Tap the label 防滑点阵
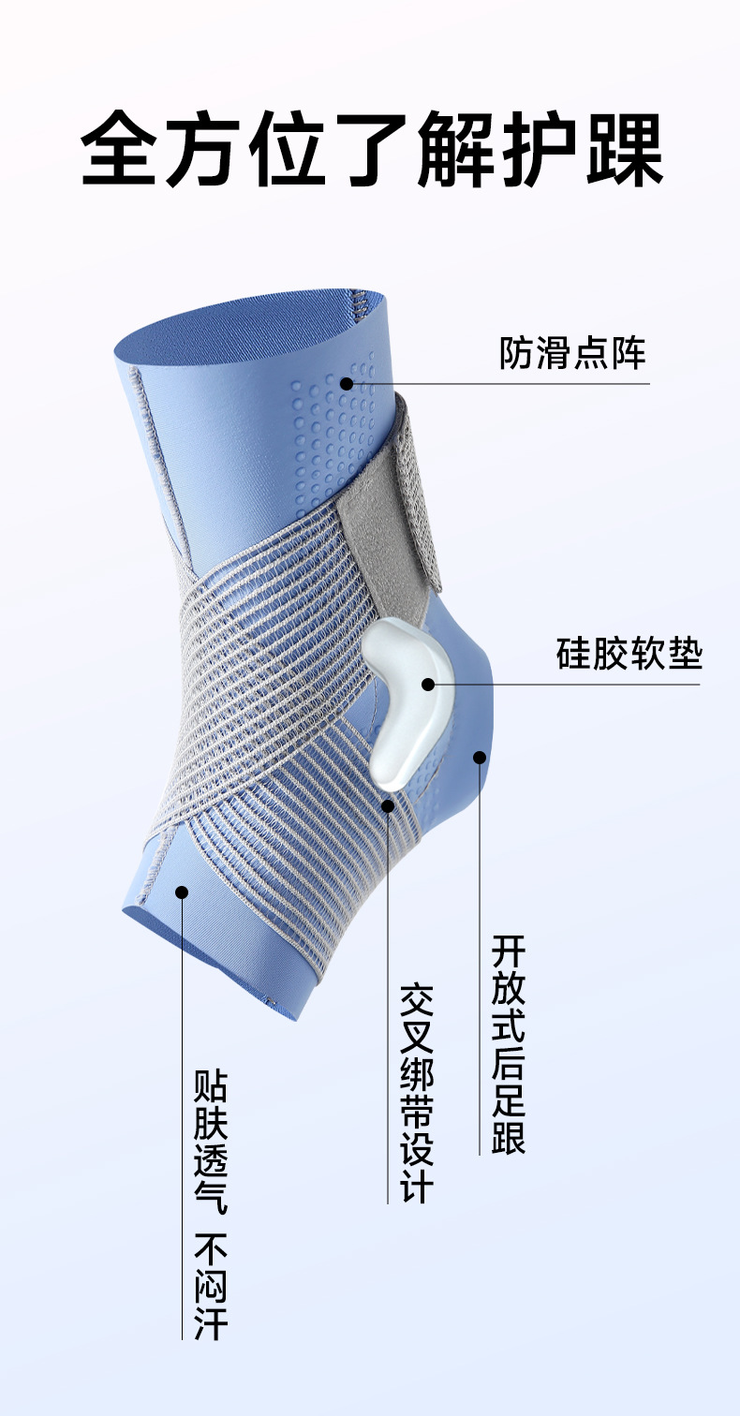tap(573, 354)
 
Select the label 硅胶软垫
tap(629, 653)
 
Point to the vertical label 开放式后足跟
tap(509, 1044)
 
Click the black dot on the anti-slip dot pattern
tap(347, 383)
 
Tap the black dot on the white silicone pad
tap(428, 684)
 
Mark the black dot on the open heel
tap(480, 757)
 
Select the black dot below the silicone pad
tap(388, 804)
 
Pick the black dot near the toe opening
tap(182, 892)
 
